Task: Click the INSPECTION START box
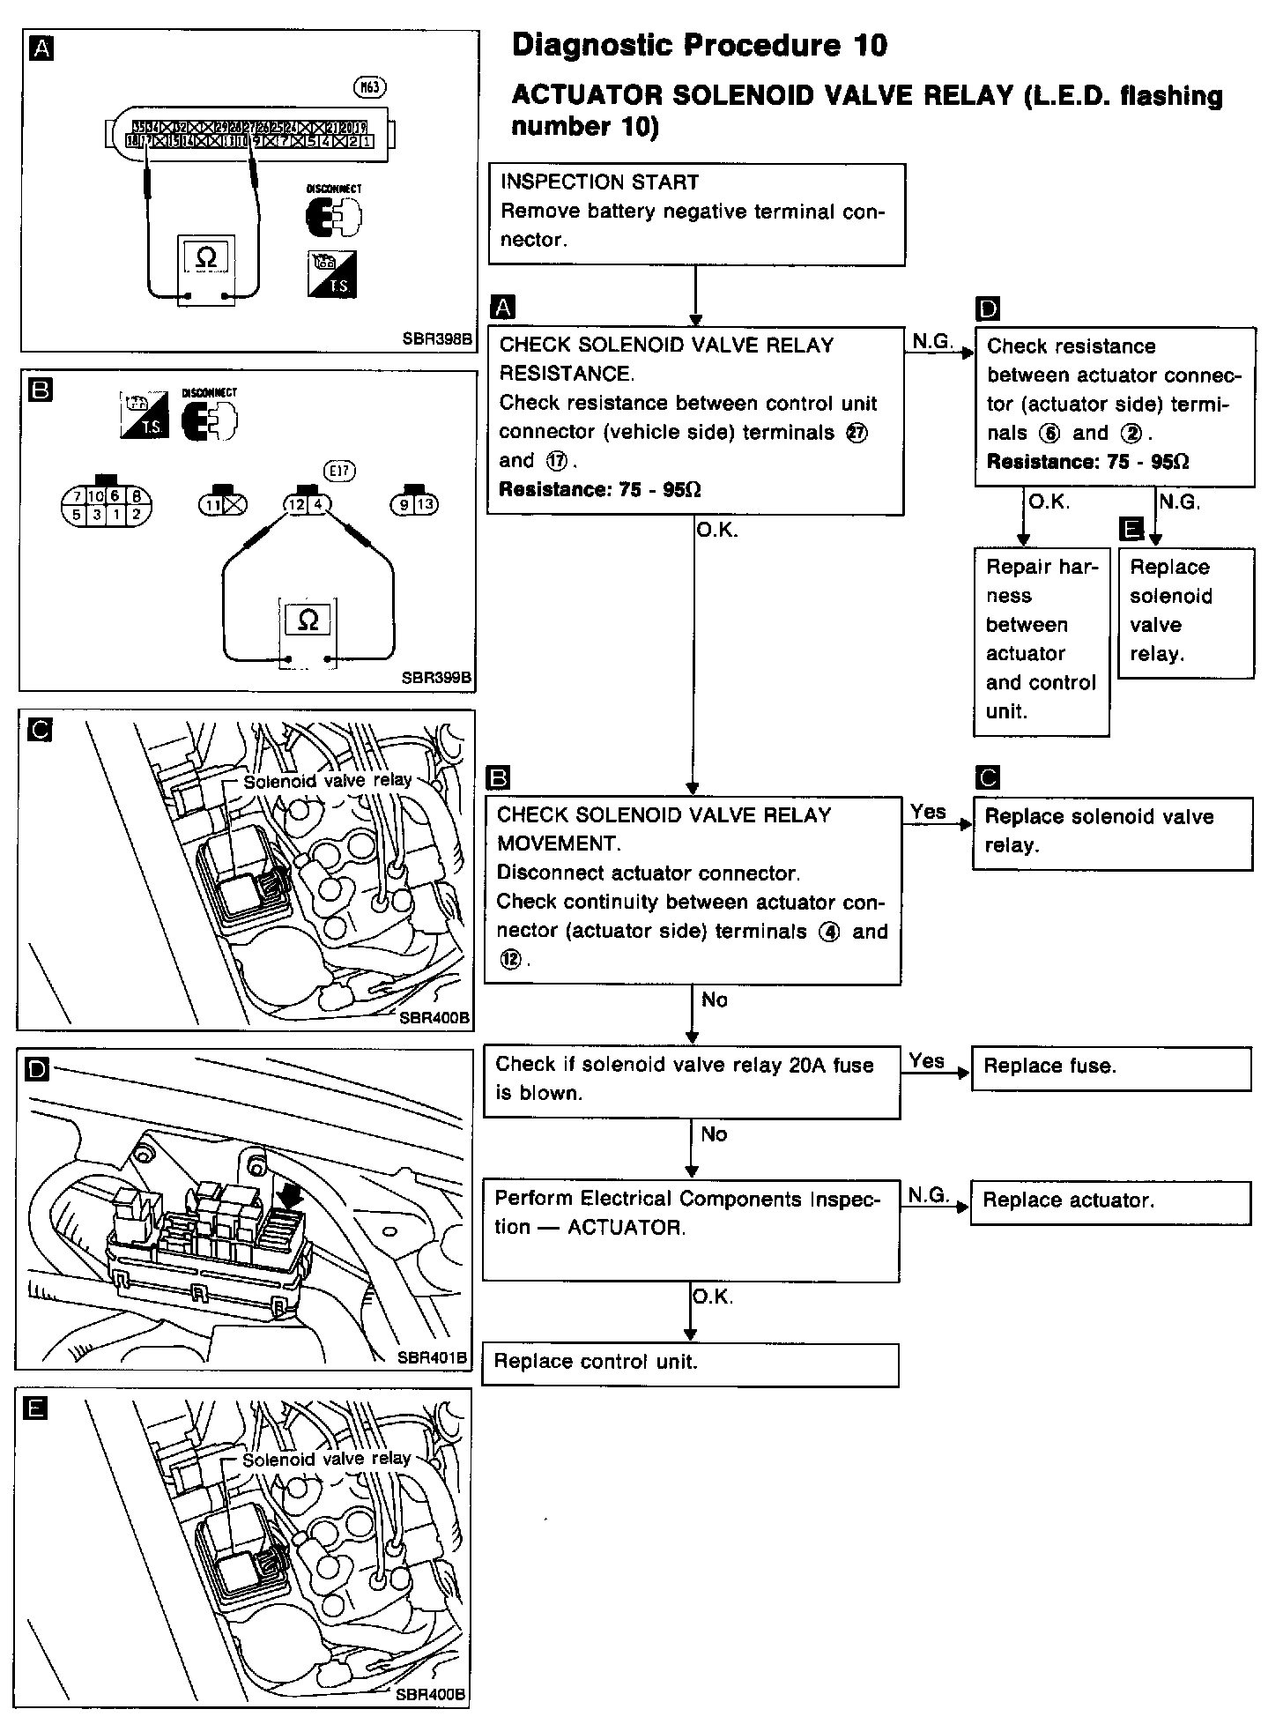(x=697, y=213)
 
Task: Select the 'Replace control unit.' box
(x=690, y=1364)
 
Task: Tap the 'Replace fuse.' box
(x=1110, y=1068)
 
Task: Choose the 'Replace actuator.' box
(x=1110, y=1202)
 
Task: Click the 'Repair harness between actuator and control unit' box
(x=1041, y=641)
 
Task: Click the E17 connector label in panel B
(x=339, y=471)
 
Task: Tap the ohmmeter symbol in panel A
(x=206, y=257)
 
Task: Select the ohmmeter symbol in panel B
(x=308, y=620)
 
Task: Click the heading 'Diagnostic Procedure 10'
(x=700, y=46)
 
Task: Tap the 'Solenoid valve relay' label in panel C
(x=327, y=781)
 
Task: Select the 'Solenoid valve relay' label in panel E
(x=326, y=1459)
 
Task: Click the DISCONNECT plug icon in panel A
(x=332, y=215)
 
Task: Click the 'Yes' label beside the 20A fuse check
(x=927, y=1061)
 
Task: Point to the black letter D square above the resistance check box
(x=989, y=308)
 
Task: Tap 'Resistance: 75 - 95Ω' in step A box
(x=600, y=490)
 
